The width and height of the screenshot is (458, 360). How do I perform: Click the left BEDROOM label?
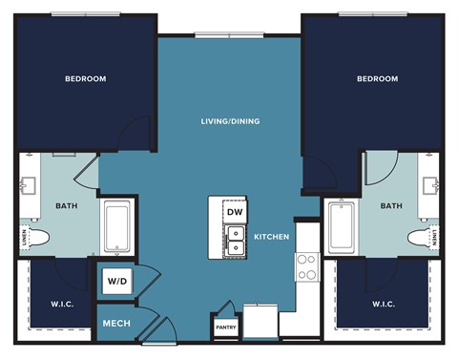coord(85,78)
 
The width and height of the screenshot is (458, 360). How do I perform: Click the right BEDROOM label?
coord(377,78)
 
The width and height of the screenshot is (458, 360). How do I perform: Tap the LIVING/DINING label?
coord(230,121)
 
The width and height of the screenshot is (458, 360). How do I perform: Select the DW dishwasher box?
coord(235,211)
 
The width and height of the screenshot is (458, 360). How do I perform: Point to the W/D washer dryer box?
coord(116,282)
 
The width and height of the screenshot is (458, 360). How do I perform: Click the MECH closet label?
coord(115,323)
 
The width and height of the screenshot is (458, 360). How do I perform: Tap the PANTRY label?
coord(225,328)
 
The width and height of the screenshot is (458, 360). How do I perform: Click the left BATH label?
coord(67,204)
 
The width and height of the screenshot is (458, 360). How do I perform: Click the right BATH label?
coord(391,204)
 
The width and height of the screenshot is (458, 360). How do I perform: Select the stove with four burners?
coord(306,266)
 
